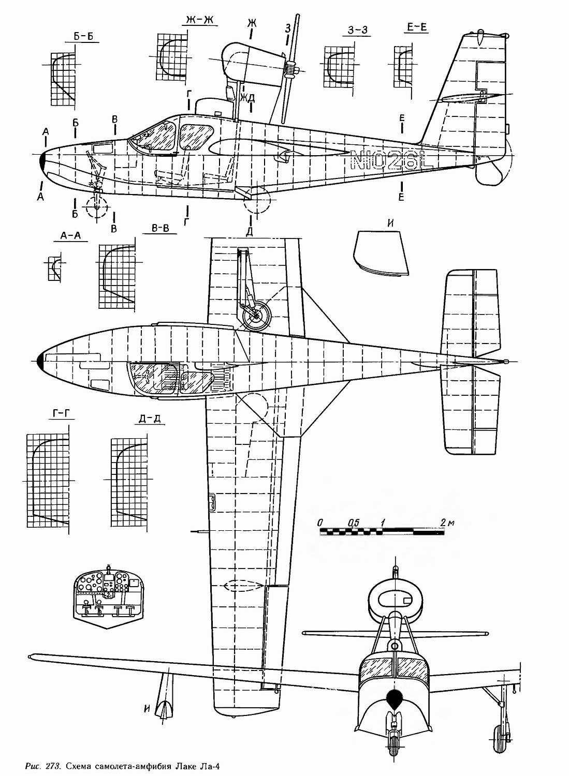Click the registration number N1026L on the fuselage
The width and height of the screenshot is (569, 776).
pos(391,160)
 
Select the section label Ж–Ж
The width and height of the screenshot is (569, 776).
pos(200,21)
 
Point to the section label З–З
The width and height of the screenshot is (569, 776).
pos(357,31)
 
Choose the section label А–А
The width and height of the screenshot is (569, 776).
pos(70,235)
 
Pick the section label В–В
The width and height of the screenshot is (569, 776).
pos(160,229)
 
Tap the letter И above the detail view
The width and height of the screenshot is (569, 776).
pos(391,224)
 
